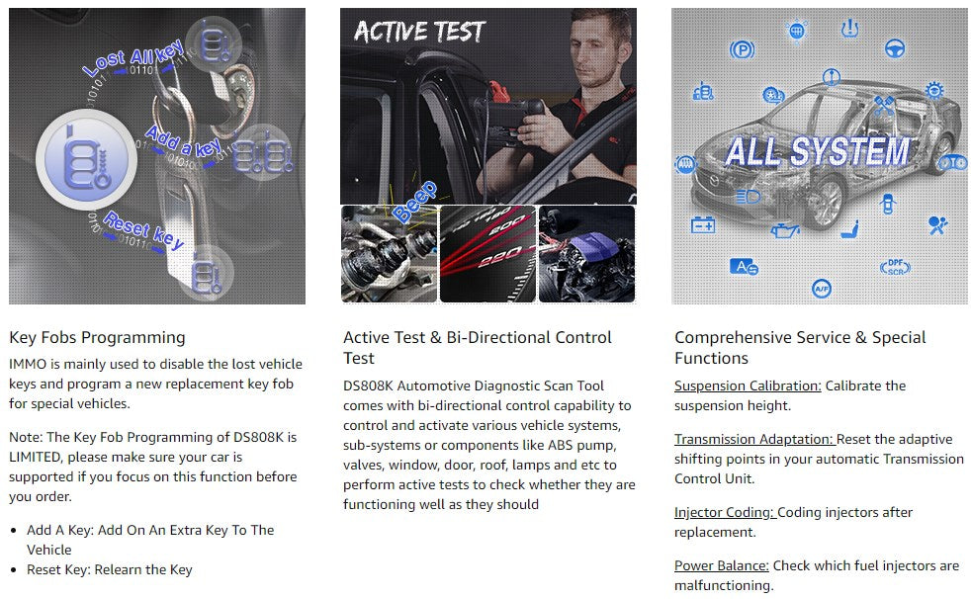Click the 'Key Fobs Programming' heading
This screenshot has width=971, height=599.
(97, 338)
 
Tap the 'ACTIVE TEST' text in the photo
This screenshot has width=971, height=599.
(419, 32)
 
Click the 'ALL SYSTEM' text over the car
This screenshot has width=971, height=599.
(818, 151)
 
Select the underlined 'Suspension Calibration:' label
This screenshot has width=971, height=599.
(748, 386)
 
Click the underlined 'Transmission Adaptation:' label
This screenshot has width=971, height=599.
(754, 439)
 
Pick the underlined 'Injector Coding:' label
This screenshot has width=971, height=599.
(725, 512)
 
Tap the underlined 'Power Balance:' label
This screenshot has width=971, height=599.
(722, 565)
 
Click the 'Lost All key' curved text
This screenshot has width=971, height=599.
(133, 57)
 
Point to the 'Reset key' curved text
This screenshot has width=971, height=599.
(143, 230)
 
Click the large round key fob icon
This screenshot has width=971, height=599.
(86, 160)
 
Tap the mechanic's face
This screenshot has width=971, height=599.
(595, 54)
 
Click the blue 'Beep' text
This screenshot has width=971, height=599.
(414, 202)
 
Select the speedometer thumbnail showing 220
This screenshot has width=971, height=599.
(488, 254)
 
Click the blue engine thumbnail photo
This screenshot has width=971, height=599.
(586, 254)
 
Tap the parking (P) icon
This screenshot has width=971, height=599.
(742, 48)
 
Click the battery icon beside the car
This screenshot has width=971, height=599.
(703, 224)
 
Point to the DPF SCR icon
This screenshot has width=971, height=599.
(896, 267)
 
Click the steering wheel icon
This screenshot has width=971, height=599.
(895, 48)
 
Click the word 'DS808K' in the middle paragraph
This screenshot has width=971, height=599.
(369, 386)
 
